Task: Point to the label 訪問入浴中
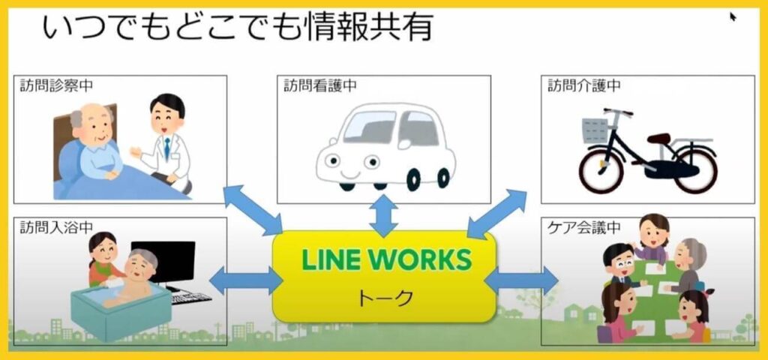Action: pos(55,227)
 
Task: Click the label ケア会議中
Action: pos(583,227)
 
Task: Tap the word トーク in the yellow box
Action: pos(384,298)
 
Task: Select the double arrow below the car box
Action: pos(383,216)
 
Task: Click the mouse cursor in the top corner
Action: pos(733,16)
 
